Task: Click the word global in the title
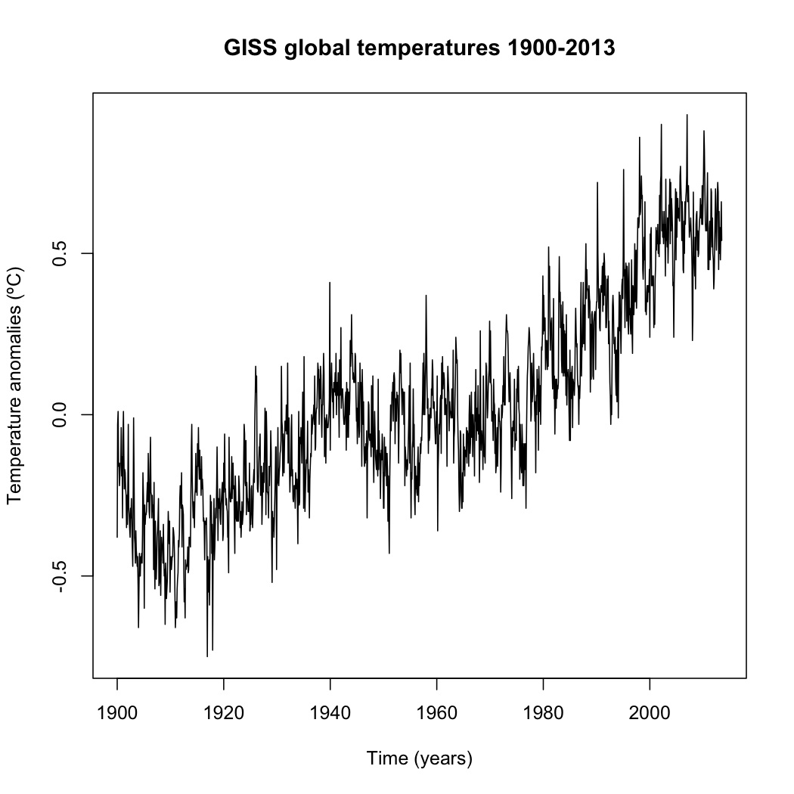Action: [318, 48]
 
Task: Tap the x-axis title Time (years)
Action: [420, 758]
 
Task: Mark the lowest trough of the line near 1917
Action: [207, 656]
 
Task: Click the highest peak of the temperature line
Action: [687, 115]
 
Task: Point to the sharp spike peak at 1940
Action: [330, 282]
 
